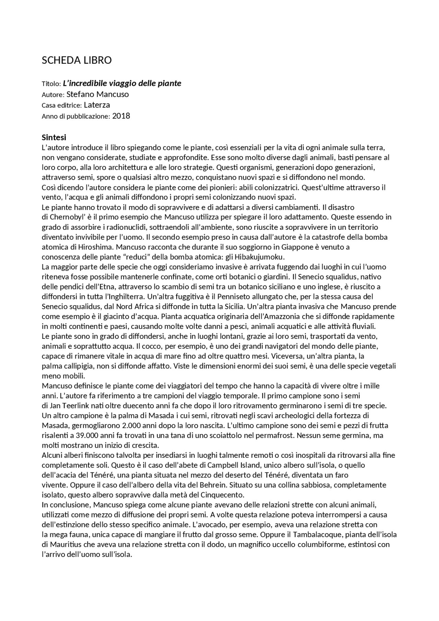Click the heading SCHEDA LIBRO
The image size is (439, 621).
76,60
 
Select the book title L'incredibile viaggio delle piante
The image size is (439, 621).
122,83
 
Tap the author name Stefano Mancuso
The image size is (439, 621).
97,94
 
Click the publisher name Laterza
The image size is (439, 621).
97,105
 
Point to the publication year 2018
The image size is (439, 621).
121,116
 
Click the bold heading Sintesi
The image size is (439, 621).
54,138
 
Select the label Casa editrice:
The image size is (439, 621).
62,105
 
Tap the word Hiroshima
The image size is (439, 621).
86,247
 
